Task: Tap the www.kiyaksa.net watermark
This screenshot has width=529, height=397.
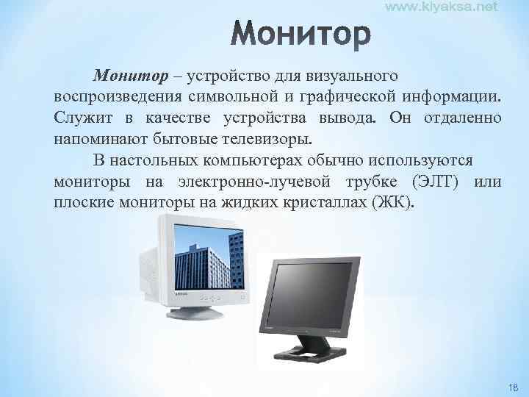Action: tap(442, 7)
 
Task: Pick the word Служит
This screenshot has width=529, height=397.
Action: tap(79, 118)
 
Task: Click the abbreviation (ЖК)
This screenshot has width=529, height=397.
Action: tap(395, 201)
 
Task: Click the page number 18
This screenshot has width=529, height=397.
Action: tap(511, 387)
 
